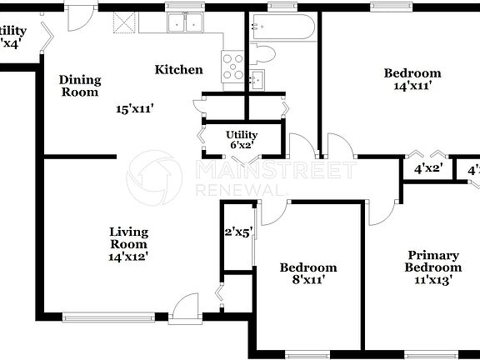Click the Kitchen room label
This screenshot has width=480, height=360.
(179, 70)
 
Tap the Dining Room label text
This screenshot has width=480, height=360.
(80, 87)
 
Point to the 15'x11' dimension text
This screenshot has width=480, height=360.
(136, 108)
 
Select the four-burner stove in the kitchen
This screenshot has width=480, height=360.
(232, 65)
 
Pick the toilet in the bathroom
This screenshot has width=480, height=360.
(265, 55)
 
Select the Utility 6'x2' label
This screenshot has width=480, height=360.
(242, 139)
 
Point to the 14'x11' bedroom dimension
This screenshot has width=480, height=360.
(412, 85)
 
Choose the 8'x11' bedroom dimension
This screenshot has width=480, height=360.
(307, 280)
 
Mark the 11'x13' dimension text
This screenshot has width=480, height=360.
(432, 280)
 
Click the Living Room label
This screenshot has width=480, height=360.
(129, 238)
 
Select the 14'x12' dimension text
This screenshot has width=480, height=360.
(129, 257)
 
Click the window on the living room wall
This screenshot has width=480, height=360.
(108, 316)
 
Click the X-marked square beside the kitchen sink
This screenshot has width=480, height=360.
(125, 23)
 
